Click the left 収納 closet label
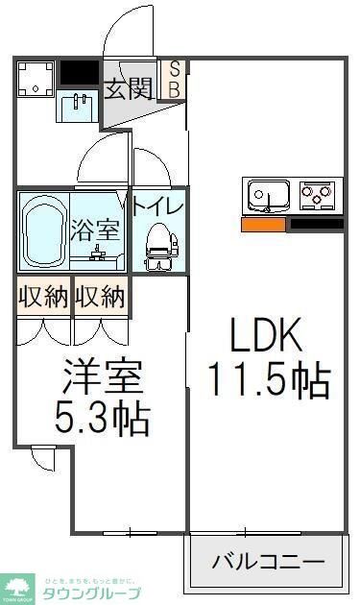(x=42, y=297)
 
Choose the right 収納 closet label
(x=100, y=297)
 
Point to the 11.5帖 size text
(x=269, y=380)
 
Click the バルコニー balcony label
(x=268, y=562)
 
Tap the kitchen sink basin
(x=269, y=197)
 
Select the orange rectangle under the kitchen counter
(x=263, y=225)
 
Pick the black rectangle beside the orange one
(x=316, y=225)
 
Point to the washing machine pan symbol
(x=36, y=81)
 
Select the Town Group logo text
(x=92, y=592)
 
